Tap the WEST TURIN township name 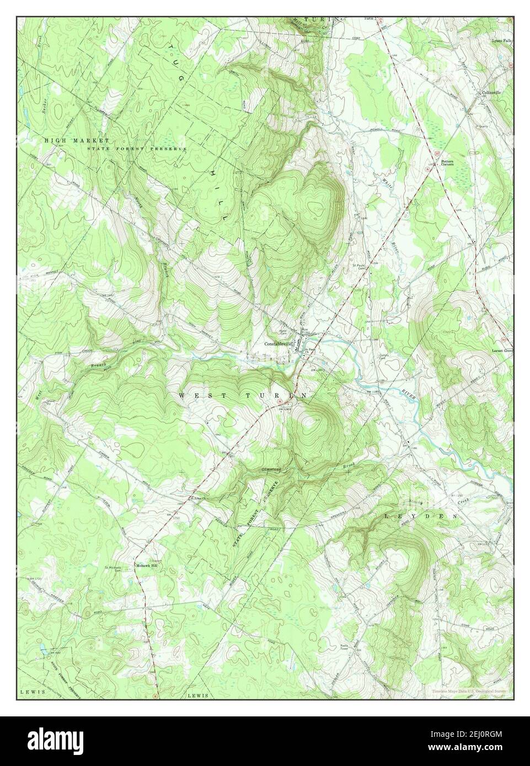coord(243,396)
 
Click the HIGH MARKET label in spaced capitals coord(77,141)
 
